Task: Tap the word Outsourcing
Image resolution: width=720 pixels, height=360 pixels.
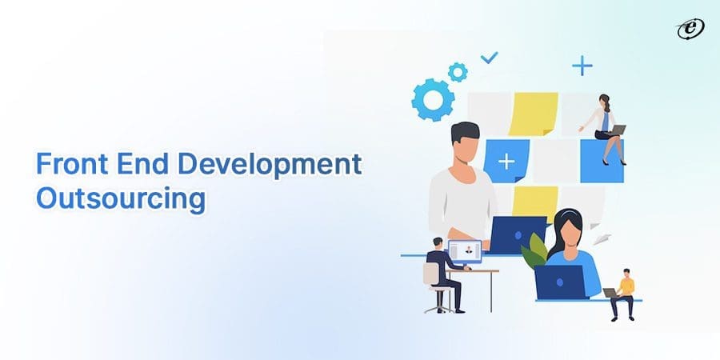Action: point(120,198)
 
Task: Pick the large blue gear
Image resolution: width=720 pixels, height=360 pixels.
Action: point(433,99)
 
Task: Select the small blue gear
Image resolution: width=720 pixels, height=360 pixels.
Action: point(458,72)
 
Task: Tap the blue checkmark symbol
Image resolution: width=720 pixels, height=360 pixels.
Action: point(488,58)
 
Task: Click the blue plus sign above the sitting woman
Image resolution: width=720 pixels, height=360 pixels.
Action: point(582,66)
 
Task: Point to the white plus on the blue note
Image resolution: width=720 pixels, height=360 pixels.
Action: point(506,162)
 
